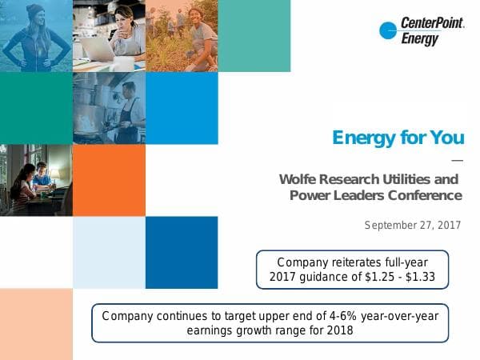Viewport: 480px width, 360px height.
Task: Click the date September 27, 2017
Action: (x=413, y=225)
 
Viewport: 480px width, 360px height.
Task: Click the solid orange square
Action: (x=109, y=180)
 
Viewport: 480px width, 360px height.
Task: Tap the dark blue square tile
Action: (x=182, y=252)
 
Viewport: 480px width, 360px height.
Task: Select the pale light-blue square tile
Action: (x=109, y=252)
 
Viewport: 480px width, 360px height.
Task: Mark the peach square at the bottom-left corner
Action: (x=36, y=324)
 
